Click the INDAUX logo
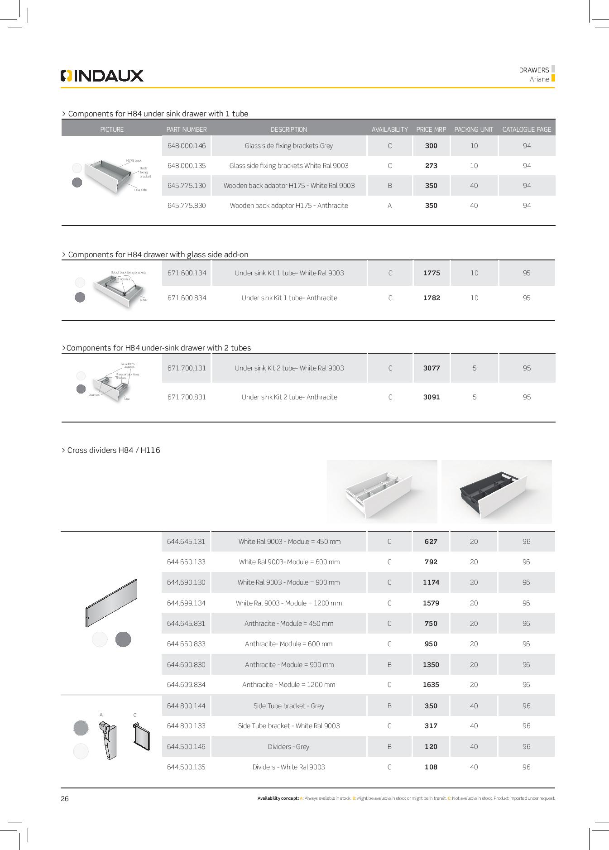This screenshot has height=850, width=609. point(102,76)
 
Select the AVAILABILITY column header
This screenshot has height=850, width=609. point(389,130)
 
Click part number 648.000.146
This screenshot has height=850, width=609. point(186,146)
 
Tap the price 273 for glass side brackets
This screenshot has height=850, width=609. point(431,166)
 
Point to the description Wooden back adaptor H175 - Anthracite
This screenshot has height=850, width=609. point(289,206)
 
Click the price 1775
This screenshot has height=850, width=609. point(431,273)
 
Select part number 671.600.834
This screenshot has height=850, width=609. point(187,298)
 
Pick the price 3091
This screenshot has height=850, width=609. point(431,397)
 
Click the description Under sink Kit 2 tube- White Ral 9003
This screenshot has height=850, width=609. point(289,368)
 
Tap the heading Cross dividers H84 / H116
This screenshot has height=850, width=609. point(113,450)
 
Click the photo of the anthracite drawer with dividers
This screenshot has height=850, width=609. point(496,492)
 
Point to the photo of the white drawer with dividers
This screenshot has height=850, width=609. point(382,492)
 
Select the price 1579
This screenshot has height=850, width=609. point(431,603)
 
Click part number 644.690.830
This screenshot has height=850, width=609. point(186,665)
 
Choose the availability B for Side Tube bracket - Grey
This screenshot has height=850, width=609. point(389,706)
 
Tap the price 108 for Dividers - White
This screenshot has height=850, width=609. point(431,767)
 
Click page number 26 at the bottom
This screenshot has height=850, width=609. point(65,798)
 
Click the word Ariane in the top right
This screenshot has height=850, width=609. point(539,79)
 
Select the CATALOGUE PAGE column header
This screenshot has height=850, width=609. point(527,130)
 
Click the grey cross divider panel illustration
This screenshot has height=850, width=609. point(111,603)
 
